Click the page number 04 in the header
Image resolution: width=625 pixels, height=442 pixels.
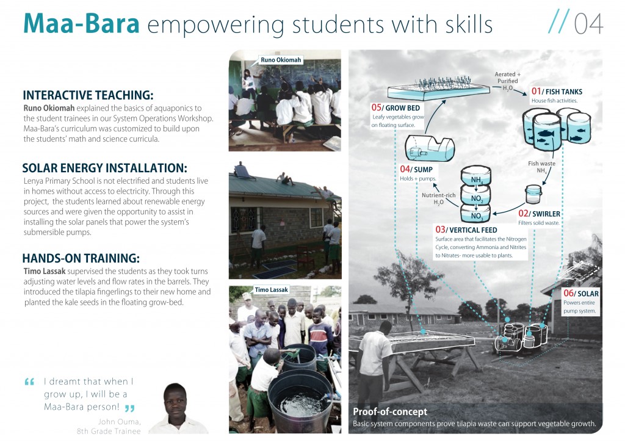click(588, 24)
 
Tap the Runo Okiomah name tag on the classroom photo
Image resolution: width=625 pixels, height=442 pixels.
click(281, 60)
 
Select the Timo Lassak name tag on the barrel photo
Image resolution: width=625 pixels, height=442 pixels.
click(271, 290)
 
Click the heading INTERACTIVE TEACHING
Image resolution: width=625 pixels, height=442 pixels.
click(88, 95)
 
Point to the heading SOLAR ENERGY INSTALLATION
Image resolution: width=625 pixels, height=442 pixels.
click(104, 168)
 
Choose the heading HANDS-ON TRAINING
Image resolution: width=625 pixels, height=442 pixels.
click(81, 258)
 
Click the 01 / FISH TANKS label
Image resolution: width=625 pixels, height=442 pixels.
click(557, 92)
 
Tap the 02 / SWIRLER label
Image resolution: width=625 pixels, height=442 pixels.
click(539, 214)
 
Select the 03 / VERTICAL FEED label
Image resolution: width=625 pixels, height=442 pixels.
click(466, 230)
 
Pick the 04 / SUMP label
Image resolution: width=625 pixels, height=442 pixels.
click(416, 169)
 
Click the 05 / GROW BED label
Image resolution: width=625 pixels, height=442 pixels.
click(396, 107)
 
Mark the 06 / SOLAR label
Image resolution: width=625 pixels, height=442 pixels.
click(581, 294)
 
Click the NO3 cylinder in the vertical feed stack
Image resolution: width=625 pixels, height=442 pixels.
click(475, 214)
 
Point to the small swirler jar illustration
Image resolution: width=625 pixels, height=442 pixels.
click(533, 194)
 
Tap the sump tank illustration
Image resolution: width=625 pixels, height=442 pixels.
click(430, 148)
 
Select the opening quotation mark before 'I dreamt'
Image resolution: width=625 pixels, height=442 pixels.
click(29, 382)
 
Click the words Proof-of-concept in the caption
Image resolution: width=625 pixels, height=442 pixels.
click(390, 411)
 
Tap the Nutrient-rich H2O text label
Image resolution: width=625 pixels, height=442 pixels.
click(438, 198)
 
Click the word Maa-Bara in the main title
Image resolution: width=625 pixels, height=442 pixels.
click(81, 24)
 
